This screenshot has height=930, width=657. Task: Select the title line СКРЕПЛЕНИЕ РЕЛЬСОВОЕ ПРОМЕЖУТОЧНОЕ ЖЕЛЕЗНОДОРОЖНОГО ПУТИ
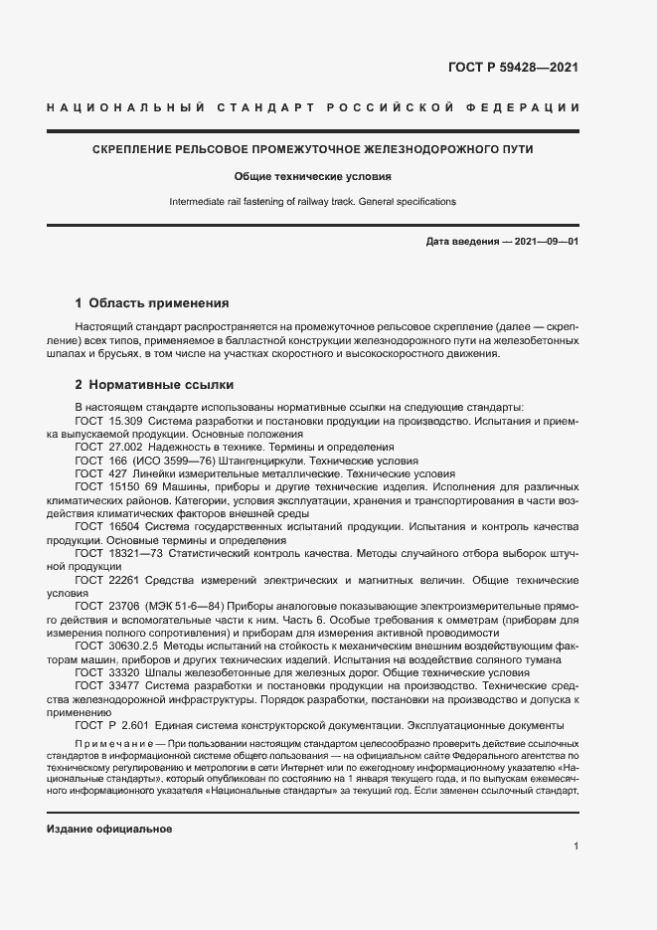[x=313, y=149]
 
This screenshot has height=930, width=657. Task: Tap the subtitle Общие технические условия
[x=312, y=176]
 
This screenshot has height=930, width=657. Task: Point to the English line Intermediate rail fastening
[x=312, y=201]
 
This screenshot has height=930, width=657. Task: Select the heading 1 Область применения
[x=152, y=302]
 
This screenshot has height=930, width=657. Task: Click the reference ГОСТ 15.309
[x=106, y=422]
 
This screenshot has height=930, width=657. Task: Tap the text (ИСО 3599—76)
[x=161, y=462]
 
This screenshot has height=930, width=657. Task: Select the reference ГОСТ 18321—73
[x=113, y=551]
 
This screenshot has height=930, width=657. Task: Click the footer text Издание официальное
[x=109, y=829]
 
